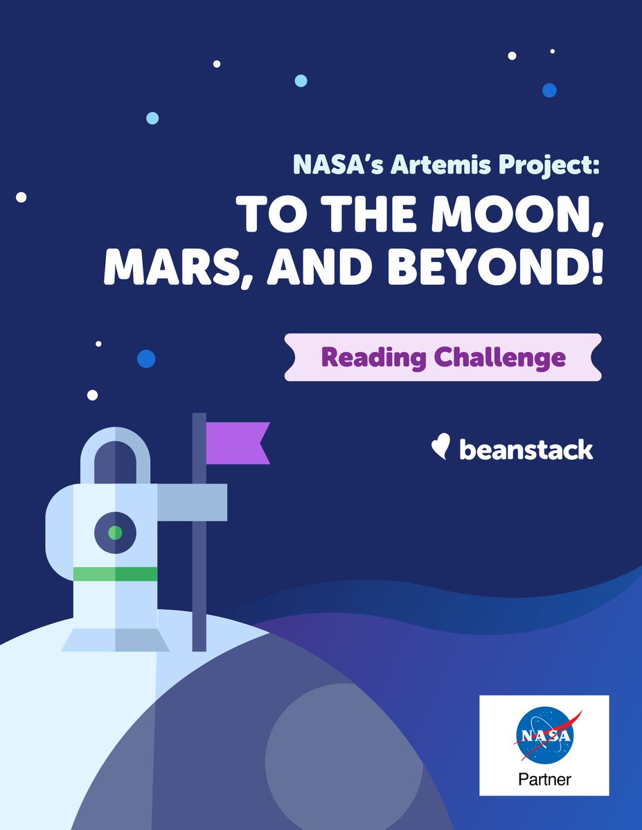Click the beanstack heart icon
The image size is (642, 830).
click(x=440, y=448)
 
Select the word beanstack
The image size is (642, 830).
click(x=526, y=450)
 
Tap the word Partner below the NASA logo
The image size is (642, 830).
click(x=545, y=780)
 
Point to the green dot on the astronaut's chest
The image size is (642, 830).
click(x=116, y=533)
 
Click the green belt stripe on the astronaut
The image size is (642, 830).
click(x=115, y=574)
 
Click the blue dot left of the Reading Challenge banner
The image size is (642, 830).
click(x=146, y=359)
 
